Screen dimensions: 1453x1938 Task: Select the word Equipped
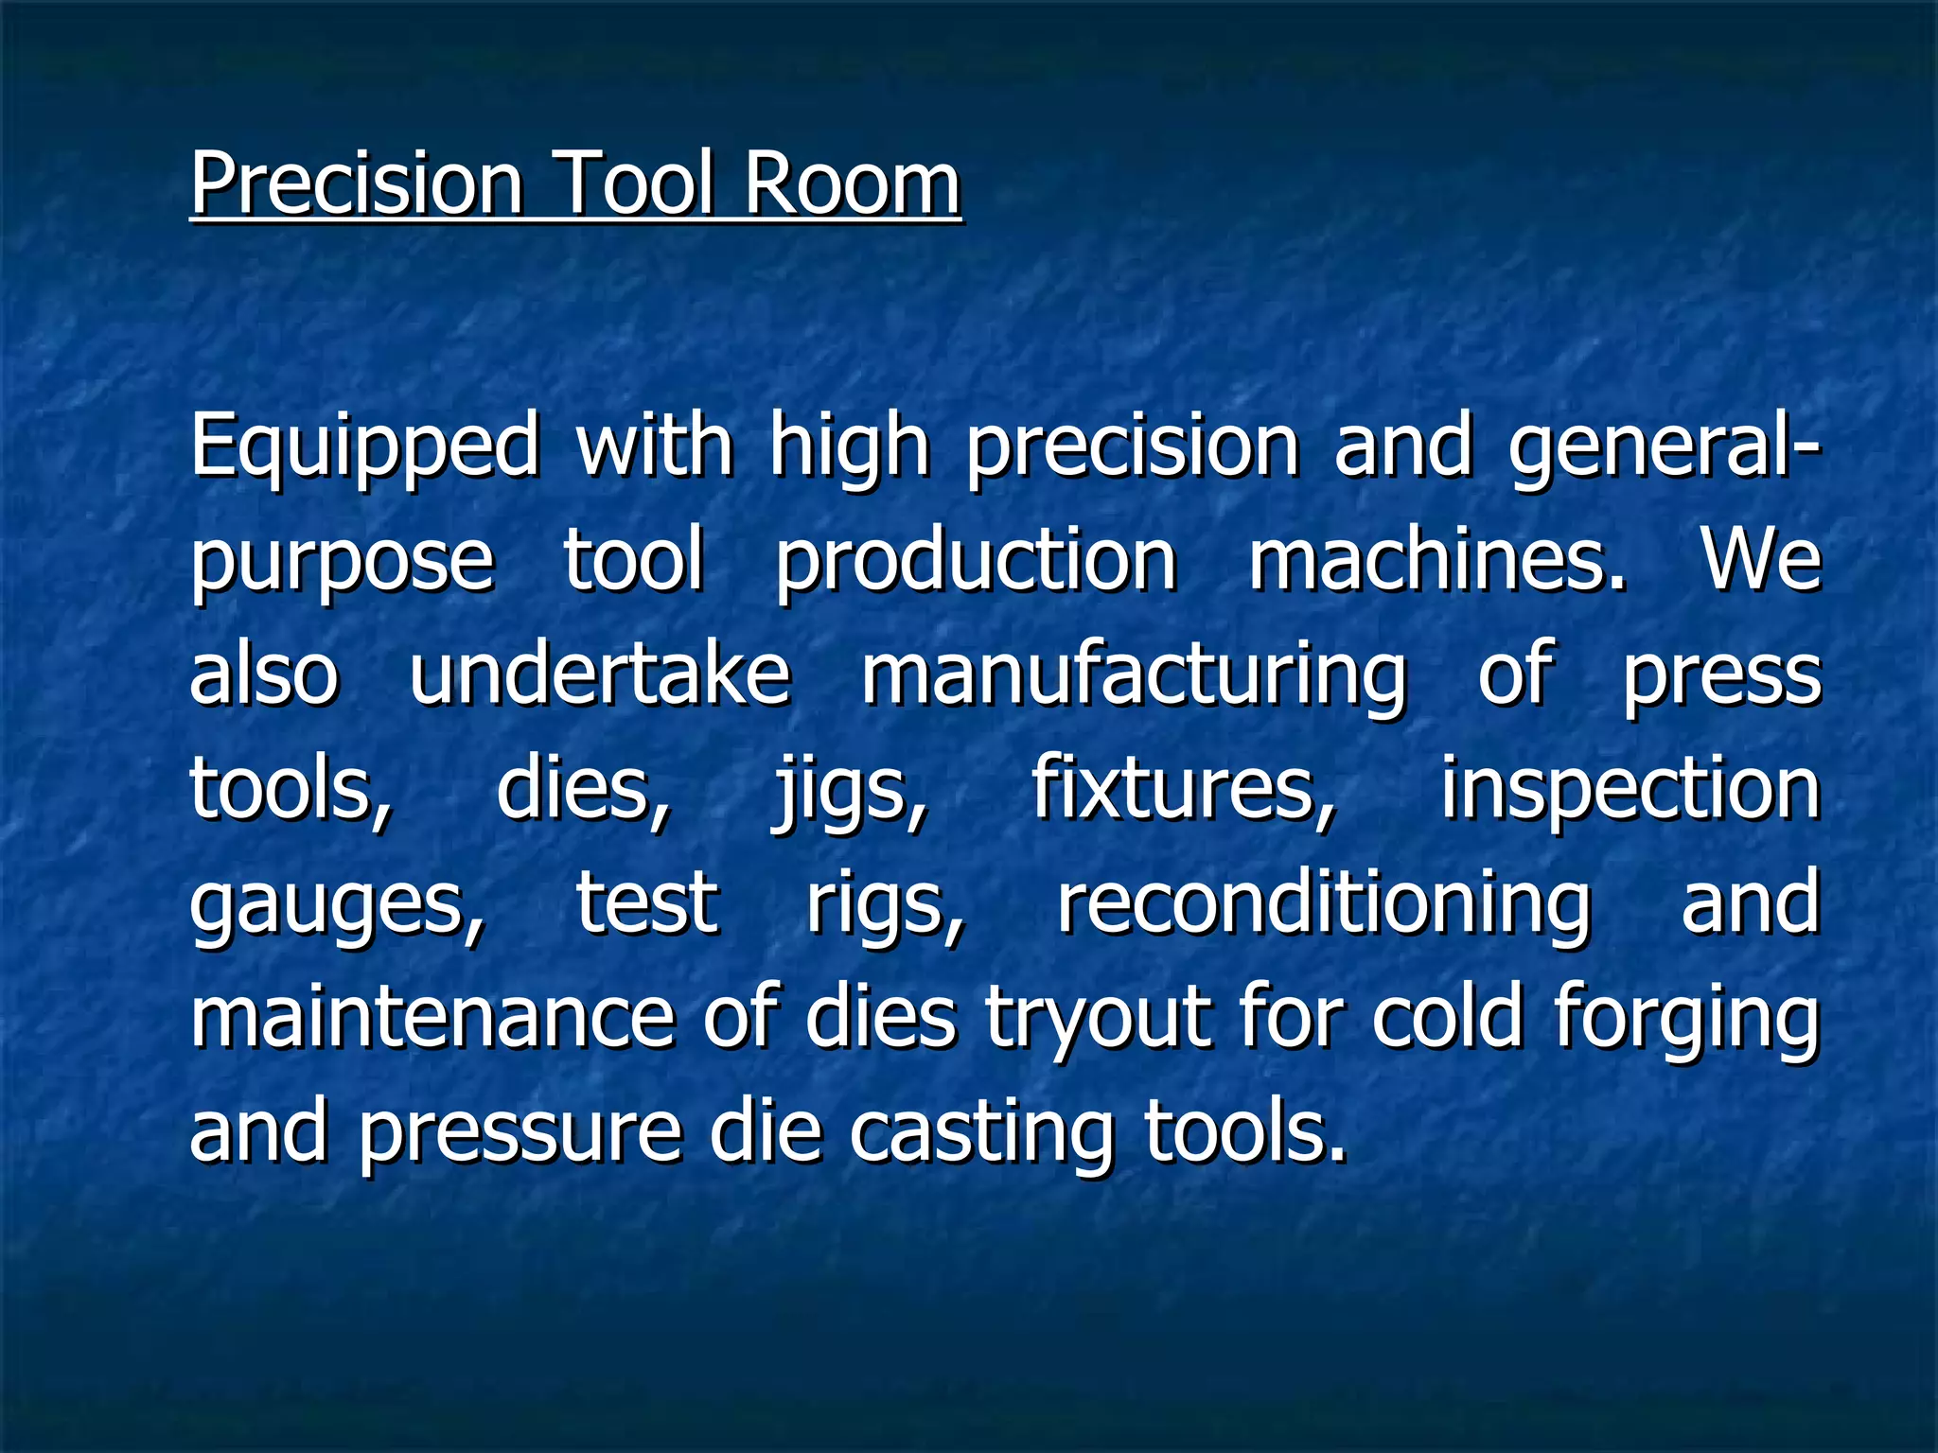coord(364,446)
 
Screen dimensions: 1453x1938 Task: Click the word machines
coord(1437,559)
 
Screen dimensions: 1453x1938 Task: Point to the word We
coord(1762,559)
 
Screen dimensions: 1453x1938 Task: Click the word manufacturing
coord(1134,675)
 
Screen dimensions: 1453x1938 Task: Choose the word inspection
coord(1630,790)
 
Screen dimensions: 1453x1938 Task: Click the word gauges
coord(337,904)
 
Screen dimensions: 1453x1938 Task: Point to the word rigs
coord(886,904)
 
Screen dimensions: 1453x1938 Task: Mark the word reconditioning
coord(1324,904)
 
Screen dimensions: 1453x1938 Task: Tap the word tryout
coord(1099,1019)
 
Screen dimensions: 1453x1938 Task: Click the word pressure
coord(520,1133)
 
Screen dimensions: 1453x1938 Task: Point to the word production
coord(976,561)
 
